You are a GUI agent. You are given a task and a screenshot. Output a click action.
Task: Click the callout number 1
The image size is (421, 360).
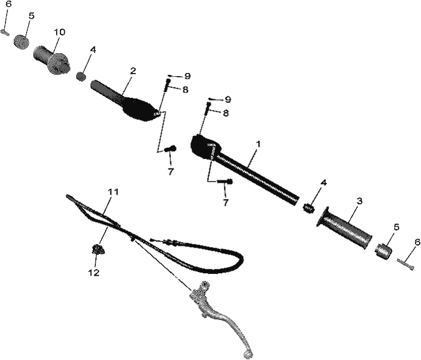(x=258, y=144)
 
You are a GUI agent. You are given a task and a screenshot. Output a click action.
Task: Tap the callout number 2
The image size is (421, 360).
(x=133, y=71)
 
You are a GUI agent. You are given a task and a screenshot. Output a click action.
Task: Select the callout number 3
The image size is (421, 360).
(x=359, y=201)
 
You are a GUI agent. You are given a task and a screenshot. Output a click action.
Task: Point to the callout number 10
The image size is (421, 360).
(x=60, y=32)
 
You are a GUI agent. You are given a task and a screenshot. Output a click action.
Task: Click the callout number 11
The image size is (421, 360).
(x=113, y=192)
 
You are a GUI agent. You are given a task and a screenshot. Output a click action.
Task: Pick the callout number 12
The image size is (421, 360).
(x=94, y=273)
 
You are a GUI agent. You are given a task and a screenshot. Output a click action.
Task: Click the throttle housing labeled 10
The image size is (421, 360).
(x=52, y=60)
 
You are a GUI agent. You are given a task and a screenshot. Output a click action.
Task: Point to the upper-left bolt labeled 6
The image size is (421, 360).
(x=6, y=32)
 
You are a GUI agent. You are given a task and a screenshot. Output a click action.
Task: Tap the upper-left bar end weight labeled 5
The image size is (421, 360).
(x=21, y=42)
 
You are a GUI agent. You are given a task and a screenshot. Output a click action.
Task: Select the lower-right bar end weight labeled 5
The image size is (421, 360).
(x=384, y=251)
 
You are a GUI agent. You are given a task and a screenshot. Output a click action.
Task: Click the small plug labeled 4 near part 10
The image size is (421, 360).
(x=81, y=76)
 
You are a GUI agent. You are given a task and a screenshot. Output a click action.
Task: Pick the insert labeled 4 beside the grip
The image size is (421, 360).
(x=309, y=208)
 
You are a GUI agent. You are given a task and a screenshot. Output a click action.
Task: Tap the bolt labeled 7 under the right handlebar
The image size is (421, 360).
(x=225, y=182)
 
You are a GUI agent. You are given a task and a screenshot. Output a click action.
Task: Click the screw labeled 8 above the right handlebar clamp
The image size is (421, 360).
(x=208, y=109)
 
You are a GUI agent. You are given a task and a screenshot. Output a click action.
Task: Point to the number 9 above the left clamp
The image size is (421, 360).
(x=187, y=76)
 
